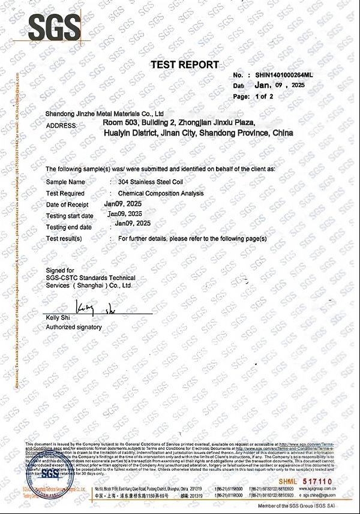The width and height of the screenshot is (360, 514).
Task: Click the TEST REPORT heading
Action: coord(184,65)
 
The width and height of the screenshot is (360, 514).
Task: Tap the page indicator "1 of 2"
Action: coord(264,96)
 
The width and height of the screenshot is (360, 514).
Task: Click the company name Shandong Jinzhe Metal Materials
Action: coord(105,113)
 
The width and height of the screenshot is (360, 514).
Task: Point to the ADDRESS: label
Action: coord(61,125)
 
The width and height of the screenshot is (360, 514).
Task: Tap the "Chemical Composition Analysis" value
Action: coord(161,193)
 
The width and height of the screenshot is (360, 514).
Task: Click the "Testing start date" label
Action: coord(70,216)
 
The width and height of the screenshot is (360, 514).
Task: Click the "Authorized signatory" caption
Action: coord(74,327)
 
